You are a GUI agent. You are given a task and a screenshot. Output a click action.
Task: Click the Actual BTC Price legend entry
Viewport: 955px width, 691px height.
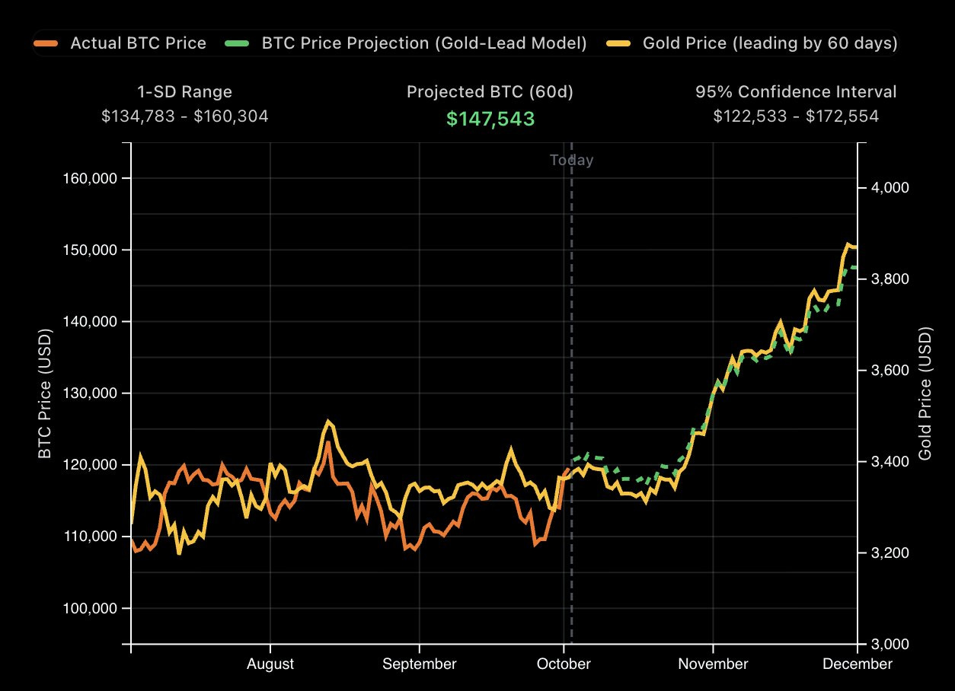(122, 43)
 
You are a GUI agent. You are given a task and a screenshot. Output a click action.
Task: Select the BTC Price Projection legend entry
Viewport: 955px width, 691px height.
(407, 43)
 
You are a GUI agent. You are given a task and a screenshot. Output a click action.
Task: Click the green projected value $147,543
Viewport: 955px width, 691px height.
(490, 119)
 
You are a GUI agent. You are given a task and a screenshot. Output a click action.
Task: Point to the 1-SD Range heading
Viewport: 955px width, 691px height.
(184, 92)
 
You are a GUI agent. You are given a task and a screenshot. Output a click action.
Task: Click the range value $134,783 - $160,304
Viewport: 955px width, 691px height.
(184, 116)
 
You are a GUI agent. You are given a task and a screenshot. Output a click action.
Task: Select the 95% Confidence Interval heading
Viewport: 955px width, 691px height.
(796, 92)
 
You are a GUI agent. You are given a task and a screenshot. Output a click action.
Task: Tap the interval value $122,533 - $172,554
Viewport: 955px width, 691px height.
(796, 116)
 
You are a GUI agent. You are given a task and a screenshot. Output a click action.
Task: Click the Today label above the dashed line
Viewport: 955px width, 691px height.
(571, 160)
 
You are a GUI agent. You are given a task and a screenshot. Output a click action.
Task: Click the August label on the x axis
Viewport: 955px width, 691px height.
(270, 664)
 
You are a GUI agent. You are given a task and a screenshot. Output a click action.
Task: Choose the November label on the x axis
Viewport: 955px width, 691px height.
(713, 664)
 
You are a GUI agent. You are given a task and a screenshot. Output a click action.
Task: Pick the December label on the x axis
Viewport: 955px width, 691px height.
(857, 664)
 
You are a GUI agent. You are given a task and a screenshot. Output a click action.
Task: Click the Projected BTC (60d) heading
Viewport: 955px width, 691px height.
(490, 92)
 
